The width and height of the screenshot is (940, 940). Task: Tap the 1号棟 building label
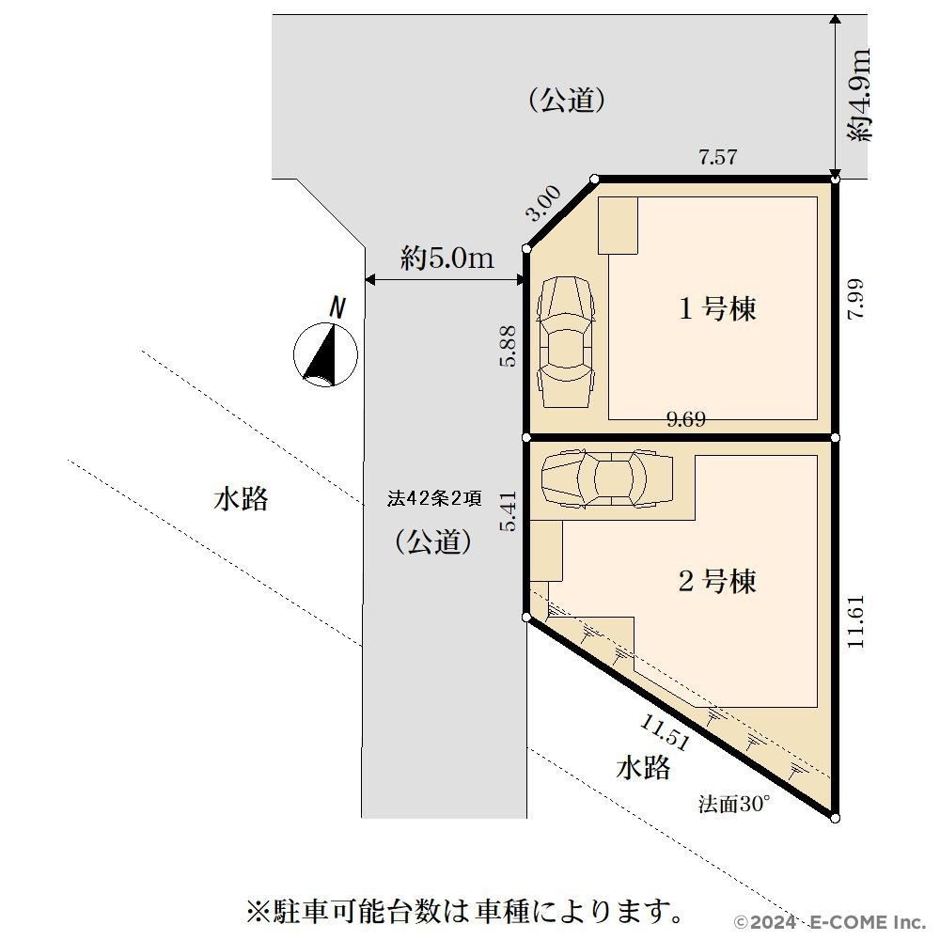[717, 308]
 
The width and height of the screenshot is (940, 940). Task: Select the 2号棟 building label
[717, 581]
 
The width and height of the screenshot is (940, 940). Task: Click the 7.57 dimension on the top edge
[717, 157]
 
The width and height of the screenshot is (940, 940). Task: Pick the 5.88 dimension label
[508, 346]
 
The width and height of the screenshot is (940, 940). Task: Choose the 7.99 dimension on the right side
[856, 299]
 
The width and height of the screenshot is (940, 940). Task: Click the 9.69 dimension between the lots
[686, 419]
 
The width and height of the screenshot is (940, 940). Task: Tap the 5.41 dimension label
[508, 511]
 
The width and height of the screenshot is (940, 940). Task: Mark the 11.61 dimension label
[856, 621]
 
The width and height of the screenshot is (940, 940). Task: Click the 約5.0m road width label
[447, 258]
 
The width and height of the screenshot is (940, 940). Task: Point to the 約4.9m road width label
[859, 95]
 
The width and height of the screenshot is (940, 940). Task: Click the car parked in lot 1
[566, 342]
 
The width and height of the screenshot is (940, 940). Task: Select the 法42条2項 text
[434, 498]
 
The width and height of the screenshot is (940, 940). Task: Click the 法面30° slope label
[734, 804]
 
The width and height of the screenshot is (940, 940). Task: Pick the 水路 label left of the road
[241, 499]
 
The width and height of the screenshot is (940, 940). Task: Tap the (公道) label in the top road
[567, 100]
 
